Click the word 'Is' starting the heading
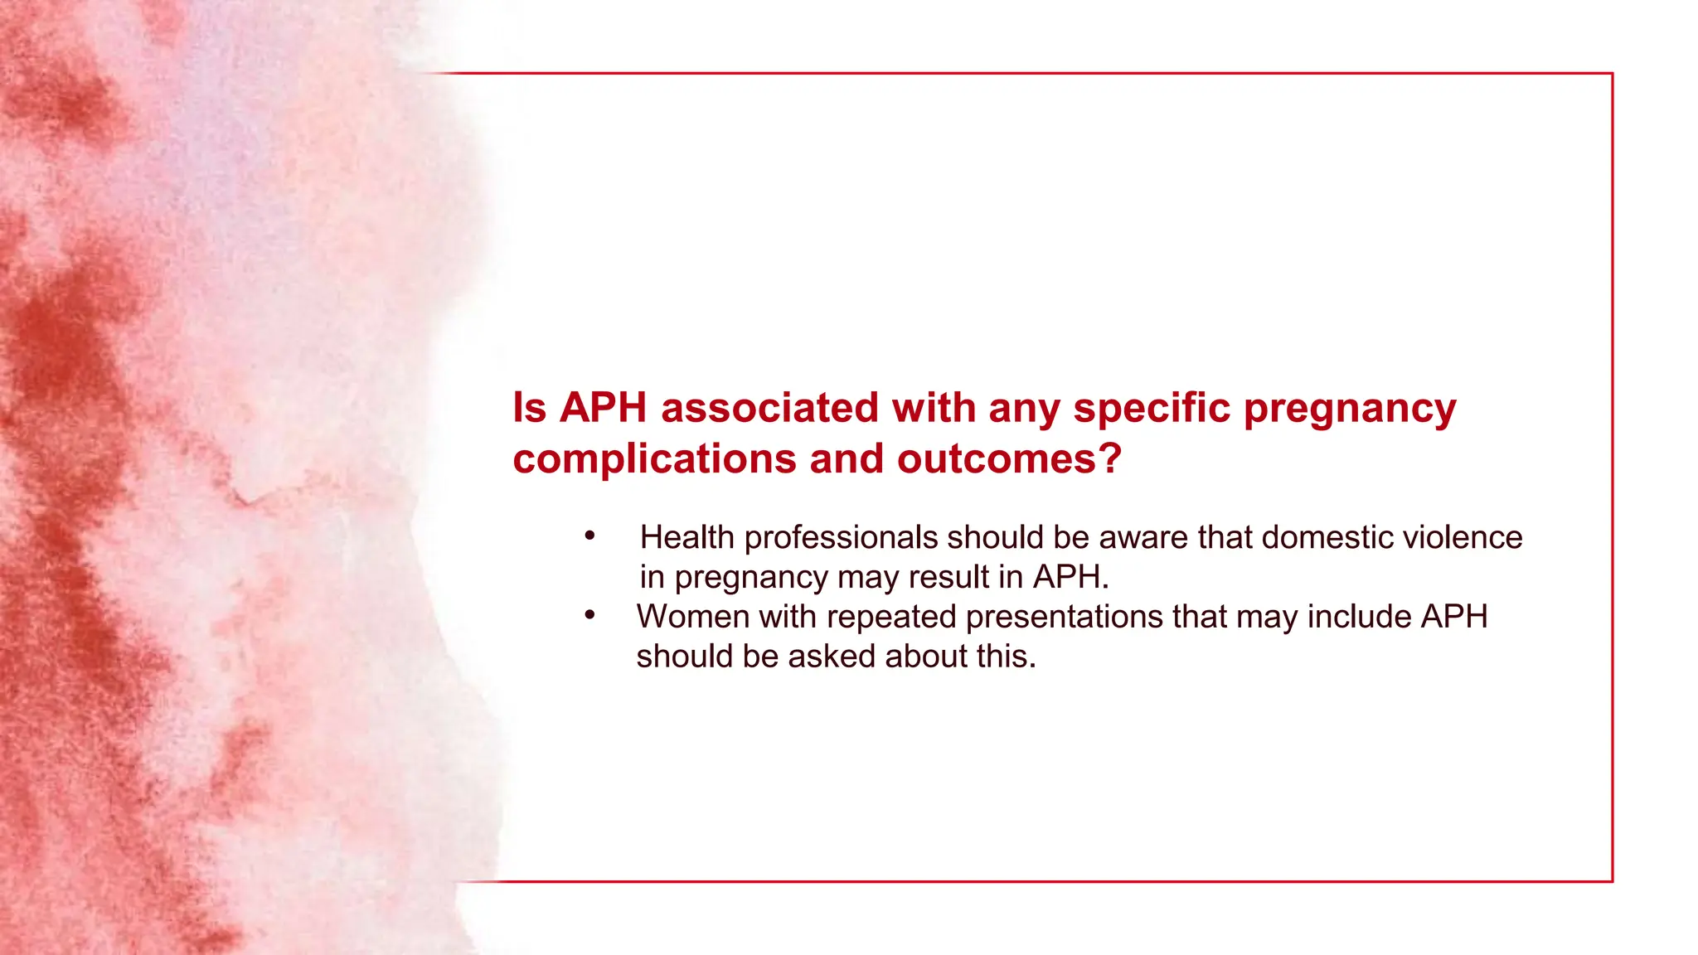pos(530,408)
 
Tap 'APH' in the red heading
pos(603,408)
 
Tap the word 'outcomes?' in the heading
pos(1009,459)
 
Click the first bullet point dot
pos(589,536)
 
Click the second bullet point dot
pos(589,615)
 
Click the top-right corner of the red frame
pos(1612,74)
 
